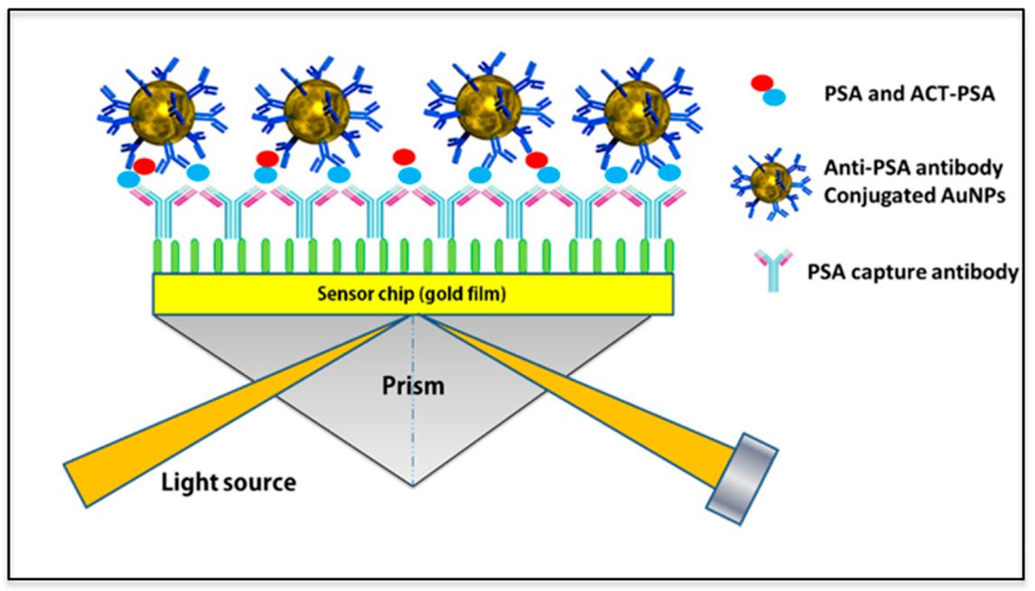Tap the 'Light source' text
point(228,483)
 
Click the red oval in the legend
point(762,83)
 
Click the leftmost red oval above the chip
point(144,166)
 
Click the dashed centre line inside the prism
point(413,433)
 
